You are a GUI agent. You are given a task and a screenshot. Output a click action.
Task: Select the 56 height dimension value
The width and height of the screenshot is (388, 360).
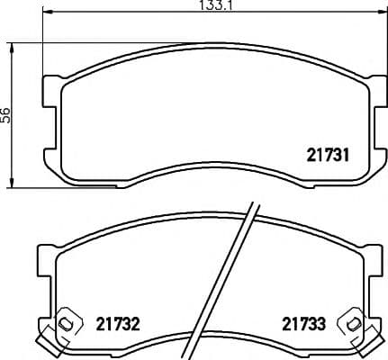click(5, 114)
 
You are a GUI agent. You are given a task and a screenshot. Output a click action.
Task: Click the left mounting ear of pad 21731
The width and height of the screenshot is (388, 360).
click(50, 90)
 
